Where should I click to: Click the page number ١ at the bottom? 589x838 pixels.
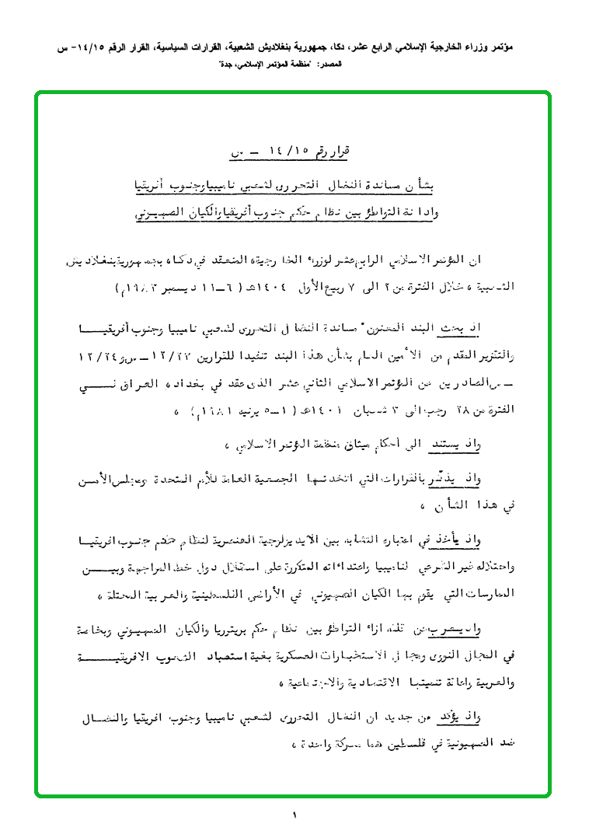tap(295, 815)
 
